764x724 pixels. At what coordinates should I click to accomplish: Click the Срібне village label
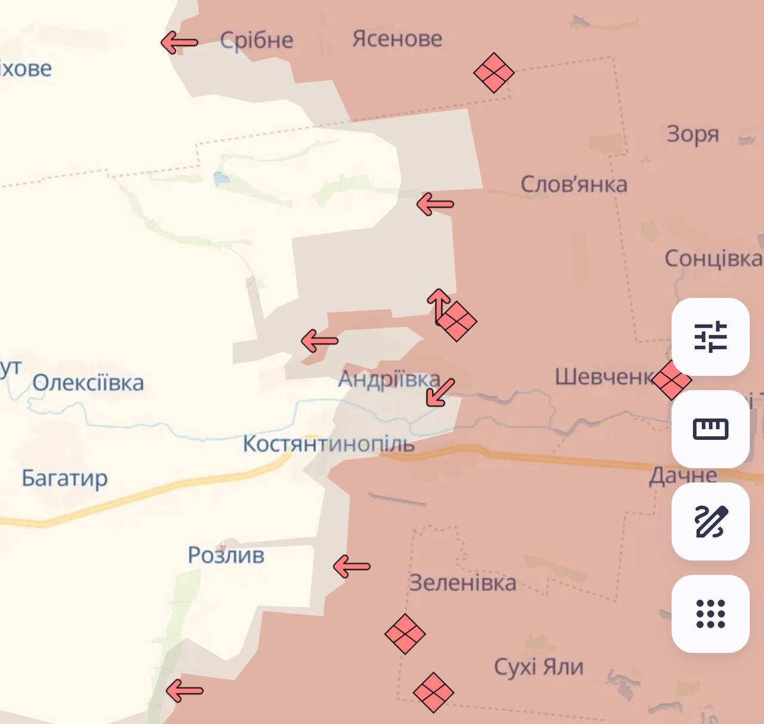[257, 41]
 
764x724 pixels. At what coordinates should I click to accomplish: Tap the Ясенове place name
[397, 39]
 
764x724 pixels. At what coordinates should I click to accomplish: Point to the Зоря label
[692, 134]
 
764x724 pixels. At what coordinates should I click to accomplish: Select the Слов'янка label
[574, 184]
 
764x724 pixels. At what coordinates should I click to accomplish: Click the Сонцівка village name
[713, 258]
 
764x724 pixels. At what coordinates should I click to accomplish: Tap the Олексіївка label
[88, 383]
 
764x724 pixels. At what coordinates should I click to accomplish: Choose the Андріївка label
[389, 380]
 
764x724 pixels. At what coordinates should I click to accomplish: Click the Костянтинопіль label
[328, 444]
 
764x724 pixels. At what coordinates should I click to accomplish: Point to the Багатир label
[64, 478]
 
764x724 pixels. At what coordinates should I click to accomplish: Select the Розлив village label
[226, 555]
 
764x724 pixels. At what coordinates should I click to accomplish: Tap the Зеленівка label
[463, 583]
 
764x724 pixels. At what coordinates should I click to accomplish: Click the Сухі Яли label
[538, 667]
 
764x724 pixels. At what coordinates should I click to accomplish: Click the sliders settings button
[710, 337]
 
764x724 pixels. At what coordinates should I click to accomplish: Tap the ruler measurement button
[710, 429]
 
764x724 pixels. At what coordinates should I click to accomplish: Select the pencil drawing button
[710, 521]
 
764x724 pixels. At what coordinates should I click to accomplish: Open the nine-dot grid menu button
[710, 614]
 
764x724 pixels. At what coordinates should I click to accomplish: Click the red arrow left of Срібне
[179, 42]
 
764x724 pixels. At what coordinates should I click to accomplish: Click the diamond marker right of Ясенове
[494, 73]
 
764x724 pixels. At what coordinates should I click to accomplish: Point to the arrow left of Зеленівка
[352, 566]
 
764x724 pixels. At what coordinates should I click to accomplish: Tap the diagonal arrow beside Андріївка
[440, 392]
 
